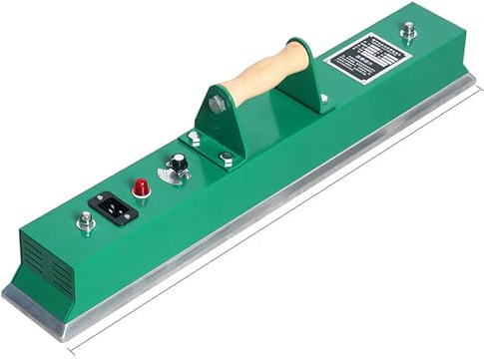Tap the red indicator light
tap(141, 186)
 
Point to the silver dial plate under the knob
tap(178, 175)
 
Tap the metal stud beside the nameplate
tap(407, 31)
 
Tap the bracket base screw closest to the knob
tap(194, 139)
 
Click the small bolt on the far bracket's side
tap(322, 98)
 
